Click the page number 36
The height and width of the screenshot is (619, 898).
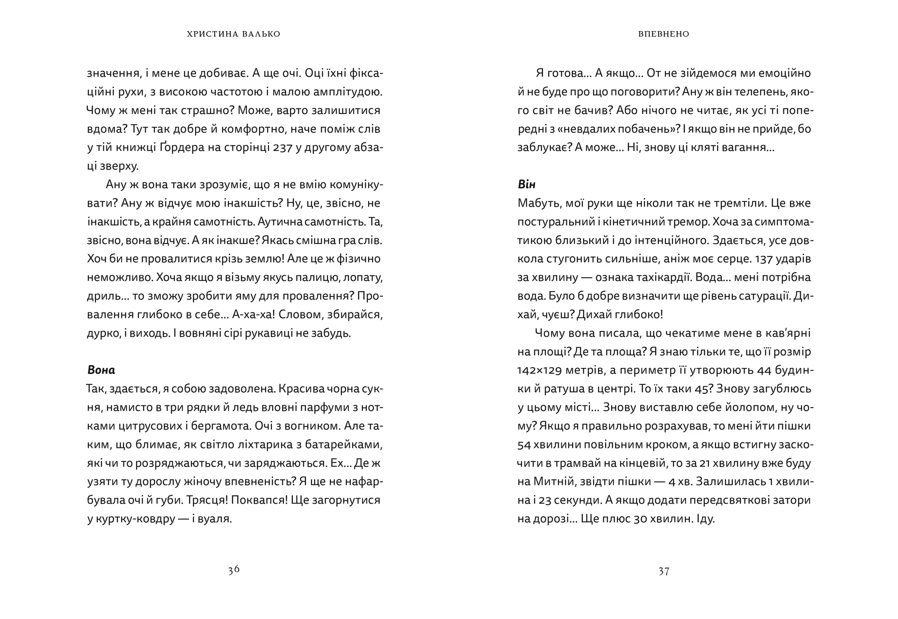(x=234, y=569)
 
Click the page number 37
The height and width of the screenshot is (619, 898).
(x=664, y=571)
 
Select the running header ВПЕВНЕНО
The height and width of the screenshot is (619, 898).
(x=664, y=34)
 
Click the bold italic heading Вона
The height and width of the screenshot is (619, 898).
(x=101, y=370)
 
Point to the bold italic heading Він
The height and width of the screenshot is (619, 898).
(x=527, y=184)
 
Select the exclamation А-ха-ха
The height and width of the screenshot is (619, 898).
(x=251, y=315)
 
